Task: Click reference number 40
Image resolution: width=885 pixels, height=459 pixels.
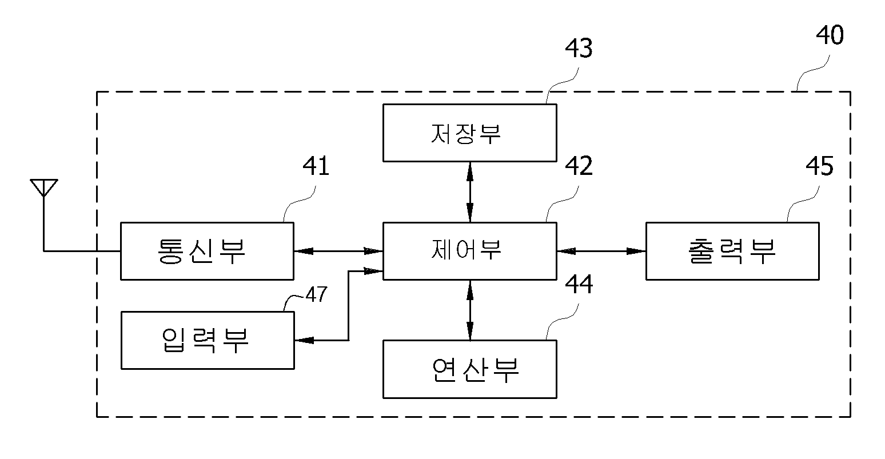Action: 830,35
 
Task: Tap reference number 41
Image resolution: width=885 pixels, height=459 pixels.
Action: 316,166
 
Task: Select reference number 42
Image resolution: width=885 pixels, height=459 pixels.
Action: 579,166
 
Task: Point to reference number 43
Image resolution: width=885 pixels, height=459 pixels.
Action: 579,48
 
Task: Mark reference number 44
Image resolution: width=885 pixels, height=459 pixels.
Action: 579,285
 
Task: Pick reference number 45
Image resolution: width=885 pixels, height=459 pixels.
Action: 819,166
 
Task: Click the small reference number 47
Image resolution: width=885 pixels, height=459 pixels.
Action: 317,295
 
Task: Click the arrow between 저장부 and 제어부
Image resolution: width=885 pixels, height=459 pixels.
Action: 470,192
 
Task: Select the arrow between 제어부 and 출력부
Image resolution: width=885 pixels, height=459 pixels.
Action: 601,252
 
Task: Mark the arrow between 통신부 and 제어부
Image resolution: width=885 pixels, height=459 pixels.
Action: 338,252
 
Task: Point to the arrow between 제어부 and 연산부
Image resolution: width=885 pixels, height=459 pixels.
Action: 470,310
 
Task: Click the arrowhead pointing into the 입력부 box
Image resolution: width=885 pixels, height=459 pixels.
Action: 304,340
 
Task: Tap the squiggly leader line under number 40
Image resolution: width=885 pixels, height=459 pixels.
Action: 813,73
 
